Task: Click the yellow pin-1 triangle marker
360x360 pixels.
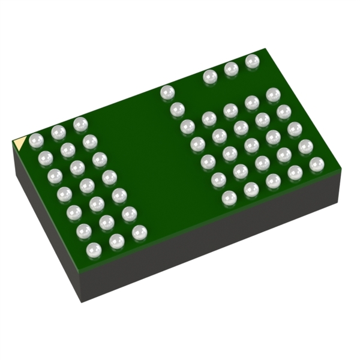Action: point(20,143)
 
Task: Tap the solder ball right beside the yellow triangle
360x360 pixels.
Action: point(36,140)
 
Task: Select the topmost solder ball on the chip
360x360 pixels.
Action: point(253,61)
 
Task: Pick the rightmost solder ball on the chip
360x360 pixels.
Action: point(316,164)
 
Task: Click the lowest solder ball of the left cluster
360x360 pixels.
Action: point(94,250)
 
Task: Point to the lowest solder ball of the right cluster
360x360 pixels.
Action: point(229,197)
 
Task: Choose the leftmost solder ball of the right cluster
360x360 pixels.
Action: point(167,92)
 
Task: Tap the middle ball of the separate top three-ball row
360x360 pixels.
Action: point(231,69)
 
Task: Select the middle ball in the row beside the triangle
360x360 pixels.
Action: point(58,132)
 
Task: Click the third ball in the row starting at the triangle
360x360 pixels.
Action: point(80,124)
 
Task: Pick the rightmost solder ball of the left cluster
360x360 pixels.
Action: point(139,232)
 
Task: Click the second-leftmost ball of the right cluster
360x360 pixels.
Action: point(178,109)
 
